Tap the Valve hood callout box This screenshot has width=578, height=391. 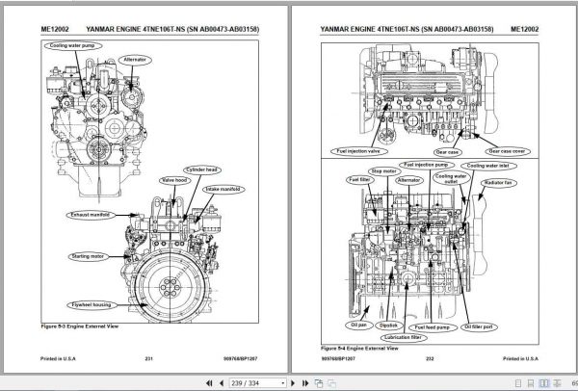coord(173,179)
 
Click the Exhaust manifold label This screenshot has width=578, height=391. coord(92,215)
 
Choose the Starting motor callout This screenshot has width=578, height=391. coord(88,256)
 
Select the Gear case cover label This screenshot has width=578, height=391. coord(509,151)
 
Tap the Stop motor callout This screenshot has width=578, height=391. coord(384,170)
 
